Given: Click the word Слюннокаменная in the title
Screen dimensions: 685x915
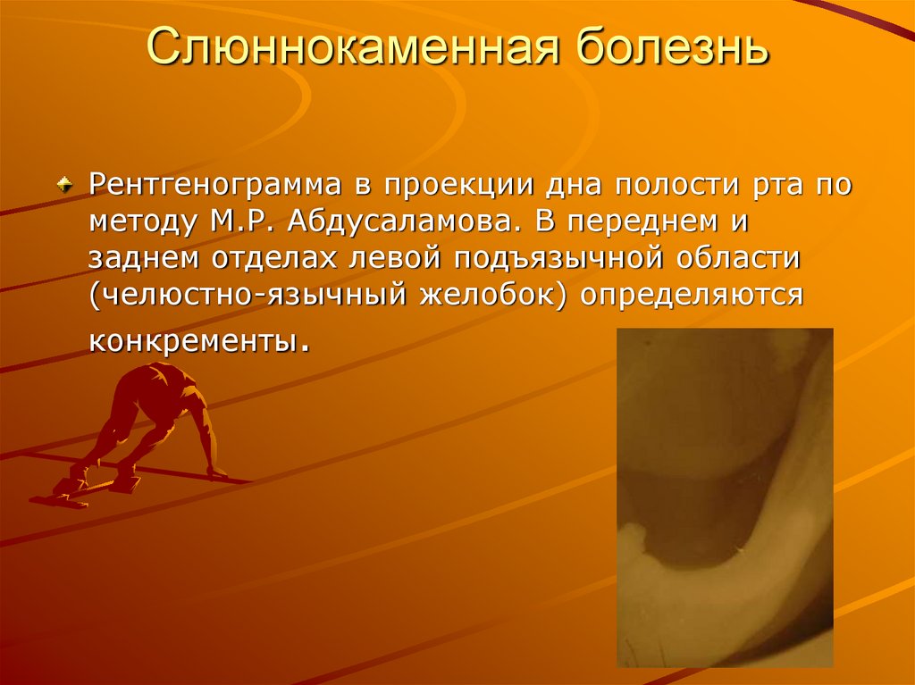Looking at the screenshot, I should point(337,49).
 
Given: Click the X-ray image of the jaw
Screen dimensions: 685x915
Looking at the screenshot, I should point(725,497).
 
